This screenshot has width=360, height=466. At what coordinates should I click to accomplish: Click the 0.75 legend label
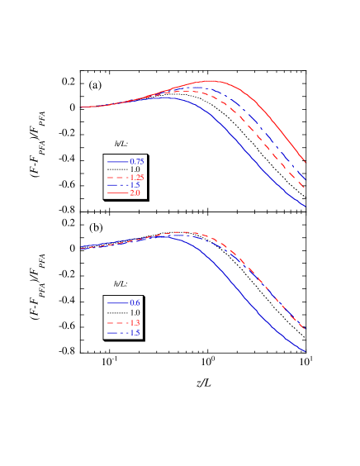(137, 161)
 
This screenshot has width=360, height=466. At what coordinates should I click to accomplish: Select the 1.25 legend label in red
(137, 177)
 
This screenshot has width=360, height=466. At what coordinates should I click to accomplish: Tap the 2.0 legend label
(135, 193)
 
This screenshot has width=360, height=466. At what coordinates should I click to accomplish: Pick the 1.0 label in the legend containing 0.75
(135, 169)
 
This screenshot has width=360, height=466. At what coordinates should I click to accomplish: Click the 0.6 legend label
(135, 303)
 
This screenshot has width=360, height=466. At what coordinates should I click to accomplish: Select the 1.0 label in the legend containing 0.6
(135, 313)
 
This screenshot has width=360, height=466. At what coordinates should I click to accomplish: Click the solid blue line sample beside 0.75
(117, 161)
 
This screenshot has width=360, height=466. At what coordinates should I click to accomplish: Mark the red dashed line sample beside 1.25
(117, 178)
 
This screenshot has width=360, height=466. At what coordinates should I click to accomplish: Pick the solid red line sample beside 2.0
(117, 193)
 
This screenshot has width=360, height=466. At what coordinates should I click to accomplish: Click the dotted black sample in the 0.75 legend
(117, 169)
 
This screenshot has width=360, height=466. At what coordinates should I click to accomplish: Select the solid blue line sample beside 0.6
(117, 303)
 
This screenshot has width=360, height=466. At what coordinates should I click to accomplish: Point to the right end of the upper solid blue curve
(306, 207)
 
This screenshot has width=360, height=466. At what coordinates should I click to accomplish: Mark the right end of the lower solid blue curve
(306, 351)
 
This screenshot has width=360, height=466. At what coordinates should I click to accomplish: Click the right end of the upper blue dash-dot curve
(306, 178)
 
